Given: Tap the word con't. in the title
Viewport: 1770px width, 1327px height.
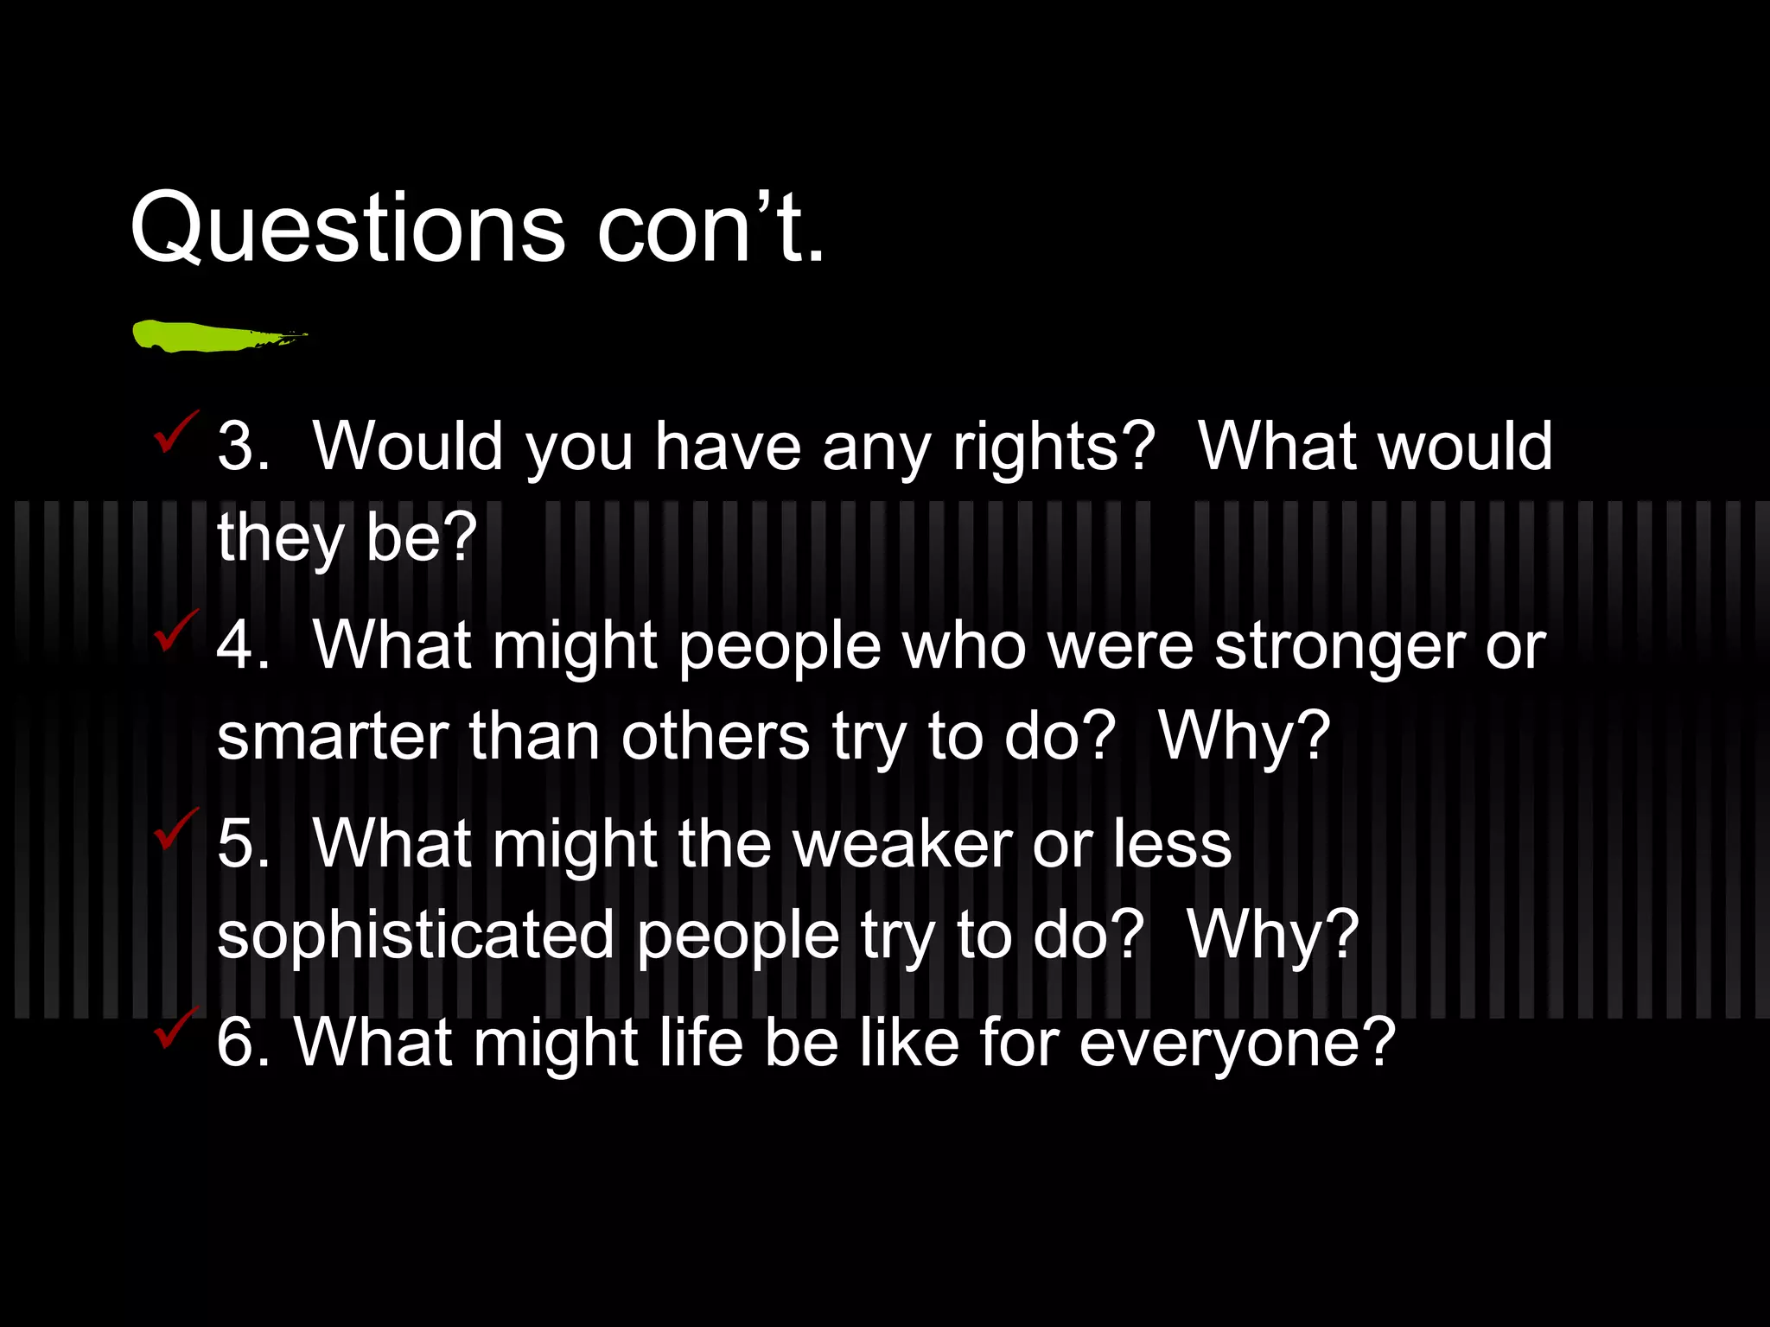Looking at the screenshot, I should tap(710, 226).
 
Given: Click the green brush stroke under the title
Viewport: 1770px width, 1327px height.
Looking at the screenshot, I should tap(216, 335).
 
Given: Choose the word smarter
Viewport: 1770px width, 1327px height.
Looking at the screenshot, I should tap(332, 738).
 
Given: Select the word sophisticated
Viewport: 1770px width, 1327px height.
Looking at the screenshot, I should tap(415, 937).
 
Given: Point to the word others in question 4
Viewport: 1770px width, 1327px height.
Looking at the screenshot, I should tap(715, 738).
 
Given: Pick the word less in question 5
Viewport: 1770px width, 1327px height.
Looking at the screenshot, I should tap(1171, 844).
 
